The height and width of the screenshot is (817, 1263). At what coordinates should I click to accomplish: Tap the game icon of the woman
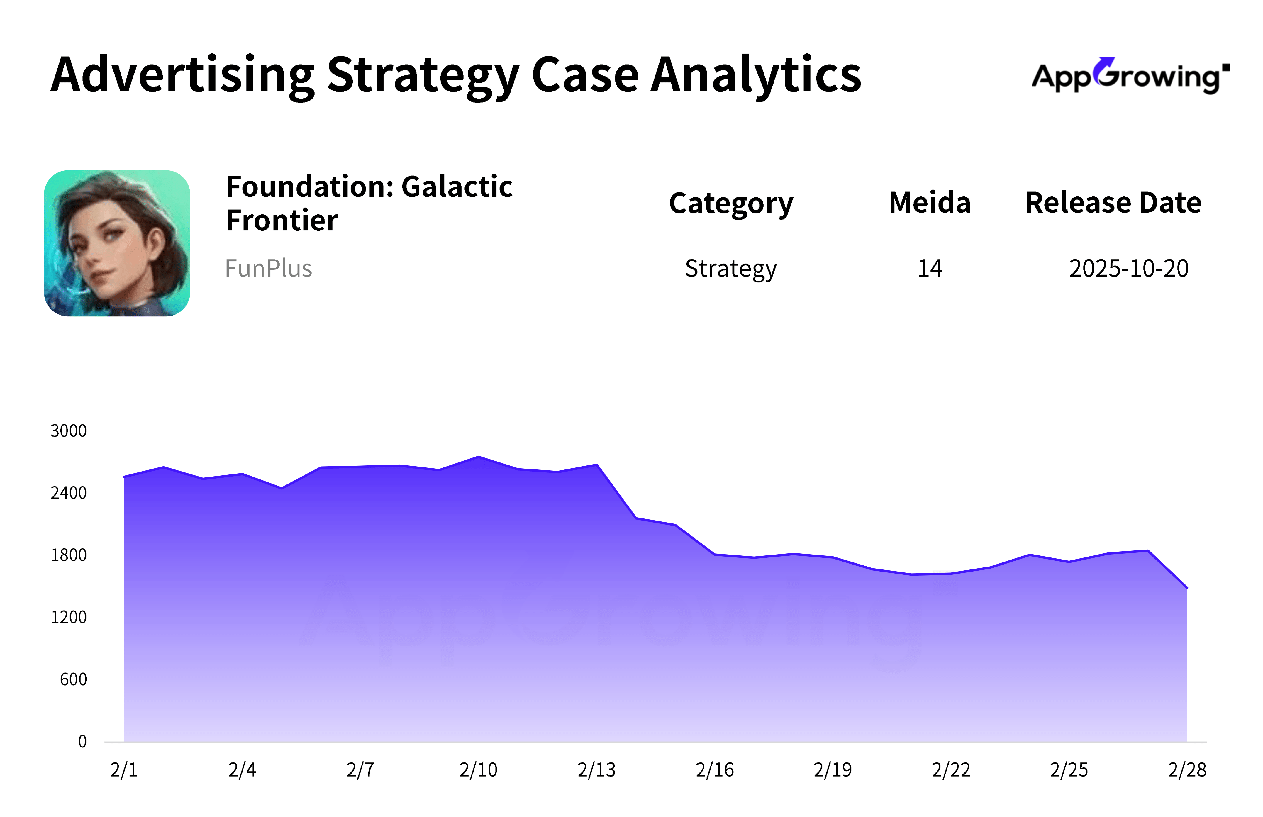117,243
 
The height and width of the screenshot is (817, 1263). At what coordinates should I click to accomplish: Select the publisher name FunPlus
268,268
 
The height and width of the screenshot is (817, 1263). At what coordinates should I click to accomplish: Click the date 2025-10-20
1128,268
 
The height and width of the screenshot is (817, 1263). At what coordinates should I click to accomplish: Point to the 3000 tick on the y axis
68,431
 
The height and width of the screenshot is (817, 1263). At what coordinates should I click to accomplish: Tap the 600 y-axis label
73,679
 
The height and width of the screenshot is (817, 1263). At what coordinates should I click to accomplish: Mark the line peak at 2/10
479,457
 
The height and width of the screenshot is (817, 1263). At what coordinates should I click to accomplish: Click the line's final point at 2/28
1187,588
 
